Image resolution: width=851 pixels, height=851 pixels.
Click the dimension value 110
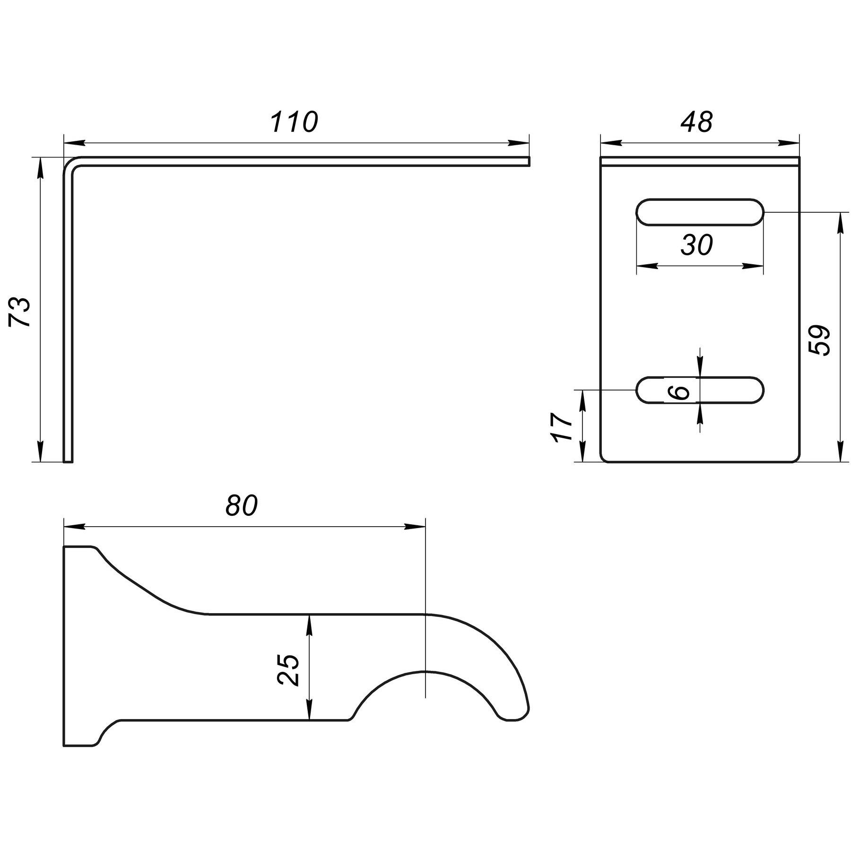pyautogui.click(x=294, y=122)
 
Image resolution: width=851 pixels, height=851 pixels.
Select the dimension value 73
pyautogui.click(x=20, y=312)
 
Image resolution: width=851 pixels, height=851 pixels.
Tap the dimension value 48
pyautogui.click(x=696, y=122)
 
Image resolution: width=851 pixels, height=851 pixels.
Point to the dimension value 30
pyautogui.click(x=696, y=245)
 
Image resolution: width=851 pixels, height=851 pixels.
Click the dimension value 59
pyautogui.click(x=819, y=340)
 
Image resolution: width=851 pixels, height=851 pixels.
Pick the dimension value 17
pyautogui.click(x=563, y=427)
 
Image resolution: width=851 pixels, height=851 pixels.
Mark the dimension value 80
pyautogui.click(x=241, y=505)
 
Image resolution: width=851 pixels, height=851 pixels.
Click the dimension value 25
pyautogui.click(x=288, y=669)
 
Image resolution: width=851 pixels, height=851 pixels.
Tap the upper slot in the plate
pyautogui.click(x=700, y=212)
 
